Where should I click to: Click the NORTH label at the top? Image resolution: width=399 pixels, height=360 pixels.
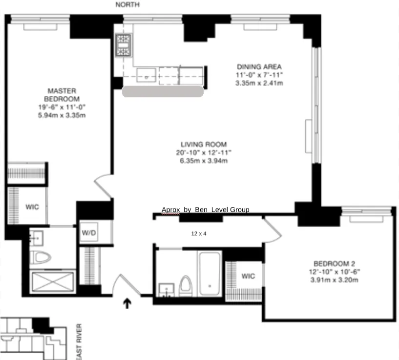[x=127, y=5]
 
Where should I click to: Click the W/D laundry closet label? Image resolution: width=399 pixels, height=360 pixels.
[x=89, y=233]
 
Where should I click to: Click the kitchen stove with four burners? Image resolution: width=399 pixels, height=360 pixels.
[x=123, y=45]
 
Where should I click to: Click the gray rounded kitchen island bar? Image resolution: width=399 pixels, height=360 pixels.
[x=163, y=91]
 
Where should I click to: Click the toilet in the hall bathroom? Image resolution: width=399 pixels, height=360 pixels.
[x=186, y=285]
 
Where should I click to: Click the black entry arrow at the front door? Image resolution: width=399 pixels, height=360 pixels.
[x=127, y=304]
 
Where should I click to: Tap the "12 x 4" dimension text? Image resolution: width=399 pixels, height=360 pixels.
[x=199, y=234]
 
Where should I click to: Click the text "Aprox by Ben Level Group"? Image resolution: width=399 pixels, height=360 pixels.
[x=205, y=210]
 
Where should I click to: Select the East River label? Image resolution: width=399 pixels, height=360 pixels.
[x=79, y=341]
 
